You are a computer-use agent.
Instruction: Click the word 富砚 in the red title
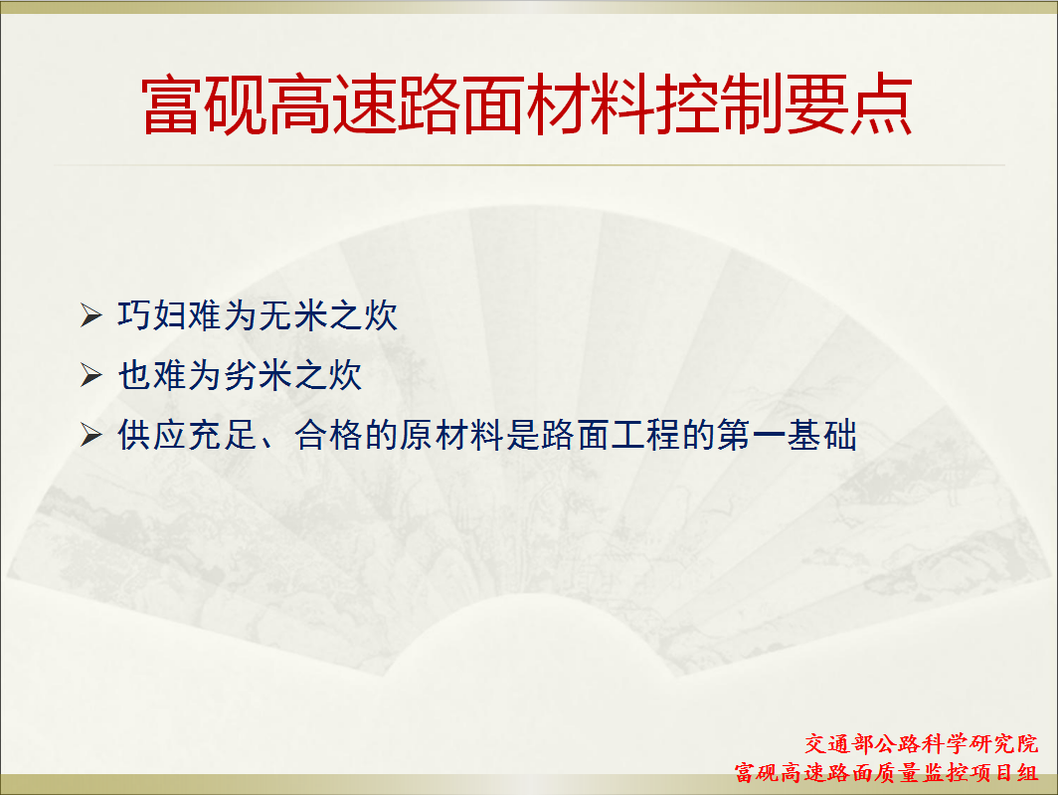205,104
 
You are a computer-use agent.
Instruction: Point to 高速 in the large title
333,104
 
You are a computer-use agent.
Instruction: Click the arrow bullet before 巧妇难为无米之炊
91,315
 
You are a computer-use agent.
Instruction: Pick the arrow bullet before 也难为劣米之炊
91,375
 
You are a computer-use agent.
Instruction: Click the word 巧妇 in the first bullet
152,315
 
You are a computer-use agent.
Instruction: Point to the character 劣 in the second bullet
241,375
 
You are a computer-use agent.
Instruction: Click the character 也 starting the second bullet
134,375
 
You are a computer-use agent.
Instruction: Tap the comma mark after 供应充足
267,444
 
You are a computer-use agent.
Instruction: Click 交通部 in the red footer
839,743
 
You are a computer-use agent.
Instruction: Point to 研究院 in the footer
1004,743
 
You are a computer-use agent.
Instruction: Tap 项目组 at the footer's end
1004,772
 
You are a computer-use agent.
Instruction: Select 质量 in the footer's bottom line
898,772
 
